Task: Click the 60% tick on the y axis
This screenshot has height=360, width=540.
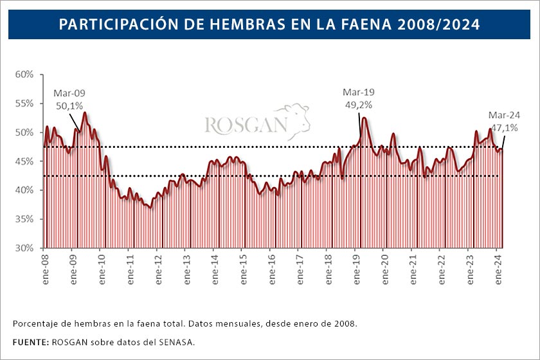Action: pos(24,75)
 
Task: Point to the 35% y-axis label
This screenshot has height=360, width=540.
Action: pos(24,219)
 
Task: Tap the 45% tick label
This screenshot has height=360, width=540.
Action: pos(24,161)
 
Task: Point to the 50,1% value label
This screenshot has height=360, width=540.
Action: pos(69,105)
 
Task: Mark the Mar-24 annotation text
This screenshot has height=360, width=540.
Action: pos(505,115)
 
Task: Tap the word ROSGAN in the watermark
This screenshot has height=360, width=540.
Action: pos(246,125)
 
